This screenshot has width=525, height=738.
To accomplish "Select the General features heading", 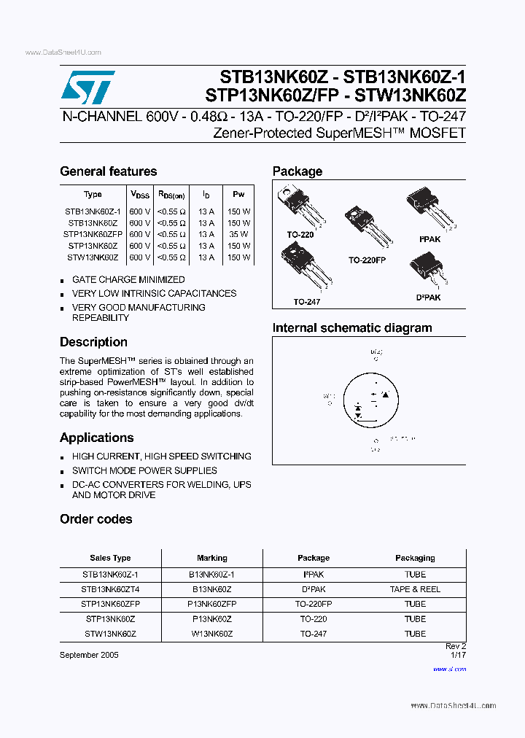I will [108, 171].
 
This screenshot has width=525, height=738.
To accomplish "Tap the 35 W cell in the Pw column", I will [238, 235].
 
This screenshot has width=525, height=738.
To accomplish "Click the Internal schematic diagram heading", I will [352, 328].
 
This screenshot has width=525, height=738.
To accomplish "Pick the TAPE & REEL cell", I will [415, 589].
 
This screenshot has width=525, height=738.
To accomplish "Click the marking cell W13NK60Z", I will [212, 634].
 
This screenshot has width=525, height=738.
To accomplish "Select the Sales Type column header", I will [110, 558].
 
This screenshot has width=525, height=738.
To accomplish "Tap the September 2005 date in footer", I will [89, 655].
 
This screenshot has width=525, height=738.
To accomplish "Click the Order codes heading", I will [96, 519].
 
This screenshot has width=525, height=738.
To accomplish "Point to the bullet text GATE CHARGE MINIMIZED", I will [128, 279].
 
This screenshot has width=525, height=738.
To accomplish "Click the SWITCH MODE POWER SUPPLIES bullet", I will [144, 470].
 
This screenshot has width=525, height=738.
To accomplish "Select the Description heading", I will [93, 342].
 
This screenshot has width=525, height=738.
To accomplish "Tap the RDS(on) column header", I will [171, 195].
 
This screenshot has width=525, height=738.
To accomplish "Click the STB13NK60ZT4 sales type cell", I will [110, 589].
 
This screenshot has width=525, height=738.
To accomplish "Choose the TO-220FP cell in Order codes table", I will [314, 605].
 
